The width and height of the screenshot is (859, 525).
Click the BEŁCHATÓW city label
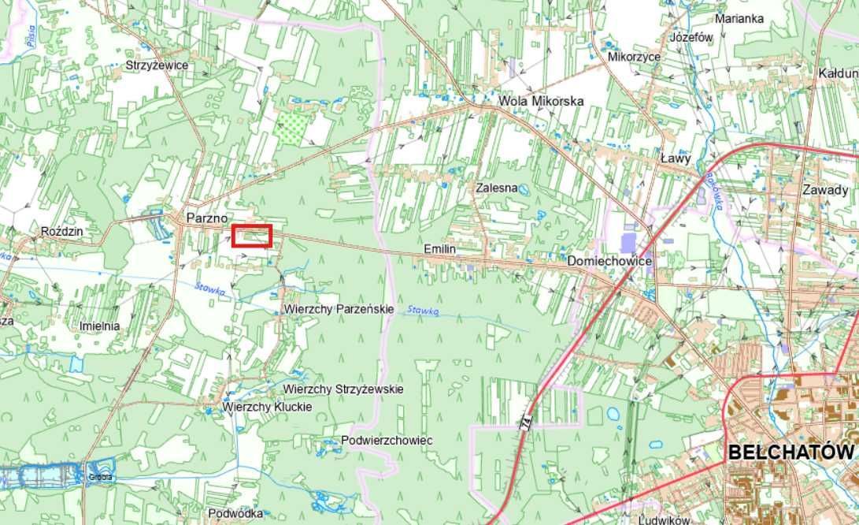click(x=790, y=452)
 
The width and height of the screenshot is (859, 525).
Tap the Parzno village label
click(x=207, y=217)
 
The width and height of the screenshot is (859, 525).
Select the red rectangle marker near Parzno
click(x=252, y=236)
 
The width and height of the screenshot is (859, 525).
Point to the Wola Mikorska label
click(x=541, y=101)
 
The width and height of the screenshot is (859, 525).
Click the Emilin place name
click(x=439, y=249)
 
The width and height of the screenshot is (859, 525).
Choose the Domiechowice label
click(x=598, y=259)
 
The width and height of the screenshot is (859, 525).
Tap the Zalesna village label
click(x=496, y=188)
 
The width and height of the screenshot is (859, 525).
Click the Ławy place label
click(x=676, y=158)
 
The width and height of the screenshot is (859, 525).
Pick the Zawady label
click(x=825, y=190)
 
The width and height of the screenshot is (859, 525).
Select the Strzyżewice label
click(x=157, y=65)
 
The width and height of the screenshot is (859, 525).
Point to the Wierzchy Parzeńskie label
click(x=339, y=309)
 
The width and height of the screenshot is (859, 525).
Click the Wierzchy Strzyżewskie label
click(x=343, y=389)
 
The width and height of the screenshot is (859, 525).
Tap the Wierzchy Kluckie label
click(x=267, y=407)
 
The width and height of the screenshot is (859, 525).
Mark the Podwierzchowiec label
click(x=387, y=440)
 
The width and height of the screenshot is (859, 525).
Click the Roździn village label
click(x=61, y=232)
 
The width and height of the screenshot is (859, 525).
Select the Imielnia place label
click(x=100, y=326)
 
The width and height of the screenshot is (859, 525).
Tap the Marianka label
click(x=739, y=18)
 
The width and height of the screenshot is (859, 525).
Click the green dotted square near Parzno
click(x=292, y=125)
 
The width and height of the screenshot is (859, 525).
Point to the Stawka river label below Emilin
click(x=423, y=311)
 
